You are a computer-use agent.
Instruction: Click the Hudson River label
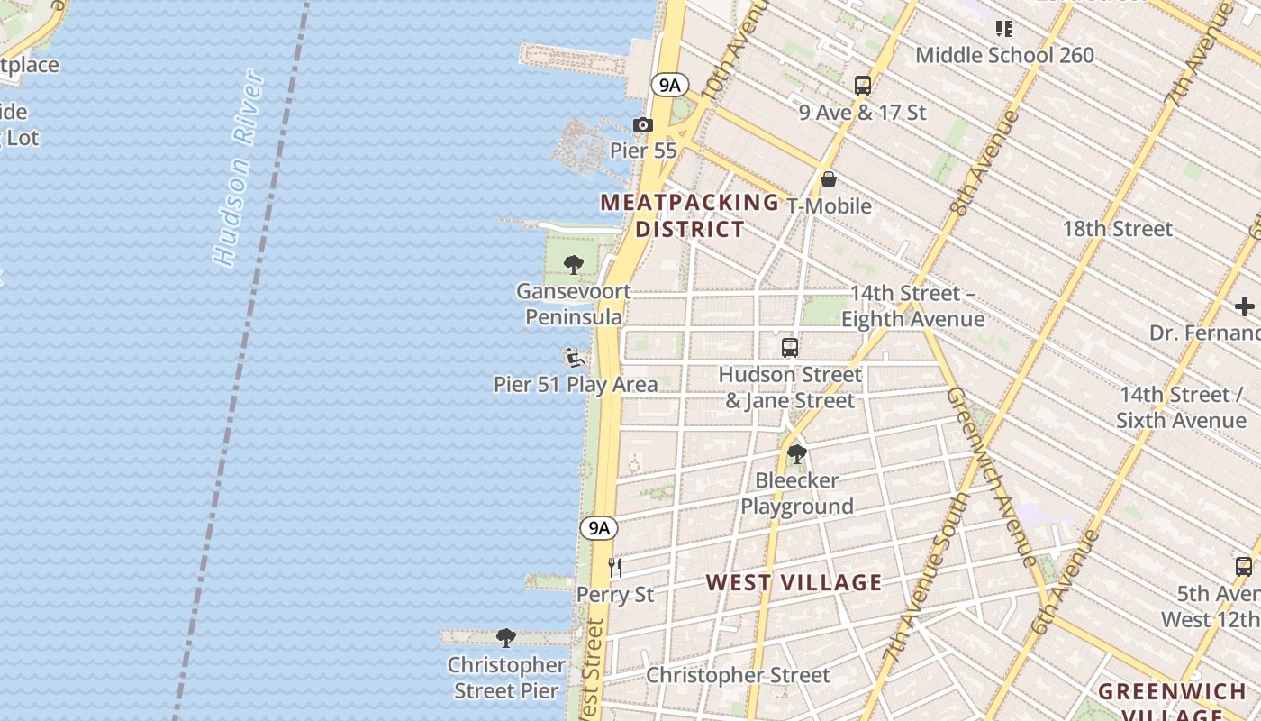[240, 169]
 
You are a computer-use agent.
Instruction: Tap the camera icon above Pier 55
[642, 125]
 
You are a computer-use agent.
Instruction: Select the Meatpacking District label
[690, 215]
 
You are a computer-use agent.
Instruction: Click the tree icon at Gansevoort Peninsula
[573, 265]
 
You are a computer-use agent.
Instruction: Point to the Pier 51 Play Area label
[576, 384]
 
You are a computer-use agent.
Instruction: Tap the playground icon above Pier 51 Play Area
[575, 358]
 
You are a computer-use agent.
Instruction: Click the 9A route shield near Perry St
[599, 528]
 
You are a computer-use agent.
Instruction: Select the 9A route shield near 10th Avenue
[670, 85]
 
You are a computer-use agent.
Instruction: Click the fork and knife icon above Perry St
[616, 567]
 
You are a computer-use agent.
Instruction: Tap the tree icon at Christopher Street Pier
[506, 638]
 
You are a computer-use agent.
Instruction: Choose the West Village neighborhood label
[794, 582]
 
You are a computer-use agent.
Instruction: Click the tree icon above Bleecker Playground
[796, 453]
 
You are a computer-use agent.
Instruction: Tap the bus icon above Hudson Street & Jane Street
[790, 347]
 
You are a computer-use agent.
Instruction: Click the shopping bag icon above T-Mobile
[829, 179]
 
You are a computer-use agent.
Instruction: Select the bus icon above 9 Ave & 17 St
[863, 86]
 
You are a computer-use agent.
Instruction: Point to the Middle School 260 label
[1004, 55]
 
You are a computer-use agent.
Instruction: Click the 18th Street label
[1117, 229]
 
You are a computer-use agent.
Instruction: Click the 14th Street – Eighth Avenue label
[912, 306]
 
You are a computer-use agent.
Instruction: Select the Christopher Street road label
[738, 675]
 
